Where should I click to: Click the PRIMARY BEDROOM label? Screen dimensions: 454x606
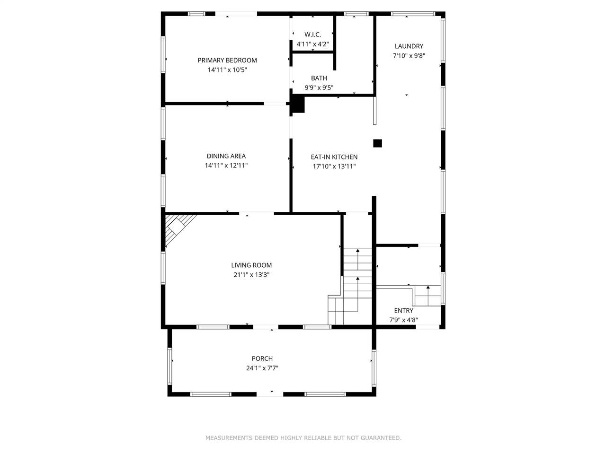227,60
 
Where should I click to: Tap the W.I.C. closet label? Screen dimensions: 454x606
312,35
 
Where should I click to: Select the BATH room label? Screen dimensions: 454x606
319,78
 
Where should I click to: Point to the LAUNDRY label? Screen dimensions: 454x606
409,46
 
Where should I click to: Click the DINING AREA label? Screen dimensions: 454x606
226,156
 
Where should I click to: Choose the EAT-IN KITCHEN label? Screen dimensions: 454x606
334,157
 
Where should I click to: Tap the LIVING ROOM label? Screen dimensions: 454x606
251,265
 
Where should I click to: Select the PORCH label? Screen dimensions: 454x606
262,358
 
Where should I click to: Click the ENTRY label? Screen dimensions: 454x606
404,311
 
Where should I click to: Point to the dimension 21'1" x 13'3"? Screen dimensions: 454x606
251,275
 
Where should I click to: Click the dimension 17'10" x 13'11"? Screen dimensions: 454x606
334,166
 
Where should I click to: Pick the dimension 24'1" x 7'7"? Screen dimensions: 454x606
262,368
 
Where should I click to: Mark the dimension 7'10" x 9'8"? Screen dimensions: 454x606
409,55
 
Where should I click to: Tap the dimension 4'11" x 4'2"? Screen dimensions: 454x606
312,44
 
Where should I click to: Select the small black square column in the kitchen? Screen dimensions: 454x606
377,143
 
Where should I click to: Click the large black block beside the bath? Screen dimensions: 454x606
297,104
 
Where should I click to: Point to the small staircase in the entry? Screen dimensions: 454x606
428,296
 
